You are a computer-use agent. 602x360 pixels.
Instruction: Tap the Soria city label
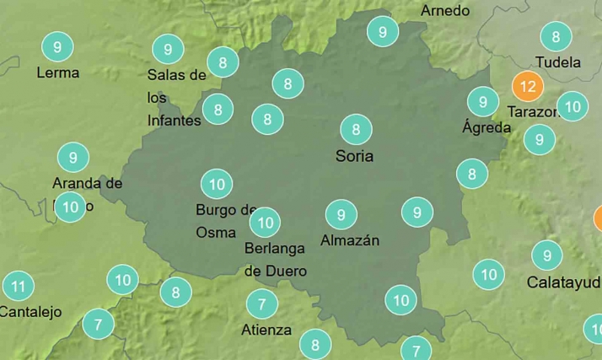click(354, 156)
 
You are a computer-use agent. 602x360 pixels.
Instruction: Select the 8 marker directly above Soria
click(356, 130)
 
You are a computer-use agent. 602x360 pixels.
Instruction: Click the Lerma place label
click(58, 73)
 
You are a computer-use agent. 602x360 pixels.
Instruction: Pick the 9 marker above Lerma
click(57, 46)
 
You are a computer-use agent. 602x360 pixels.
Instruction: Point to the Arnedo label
click(445, 11)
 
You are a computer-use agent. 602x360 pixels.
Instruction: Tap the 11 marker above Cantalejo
click(18, 286)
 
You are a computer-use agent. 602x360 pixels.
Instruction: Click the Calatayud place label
click(563, 282)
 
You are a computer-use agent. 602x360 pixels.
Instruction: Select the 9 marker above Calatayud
click(547, 255)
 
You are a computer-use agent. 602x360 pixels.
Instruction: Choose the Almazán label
click(350, 240)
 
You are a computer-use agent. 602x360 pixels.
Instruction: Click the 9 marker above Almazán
click(341, 214)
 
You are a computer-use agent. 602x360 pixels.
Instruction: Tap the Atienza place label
click(266, 330)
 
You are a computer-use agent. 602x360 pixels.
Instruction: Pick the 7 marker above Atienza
click(262, 304)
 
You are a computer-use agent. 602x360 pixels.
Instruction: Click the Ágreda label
click(486, 128)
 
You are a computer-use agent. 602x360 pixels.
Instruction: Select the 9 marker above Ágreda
click(483, 102)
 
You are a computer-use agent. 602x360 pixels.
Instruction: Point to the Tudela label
click(558, 62)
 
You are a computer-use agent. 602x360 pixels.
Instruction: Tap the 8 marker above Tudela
click(556, 36)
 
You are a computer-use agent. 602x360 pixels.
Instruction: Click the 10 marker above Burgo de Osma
click(217, 183)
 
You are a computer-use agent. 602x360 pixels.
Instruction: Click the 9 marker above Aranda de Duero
click(73, 157)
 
